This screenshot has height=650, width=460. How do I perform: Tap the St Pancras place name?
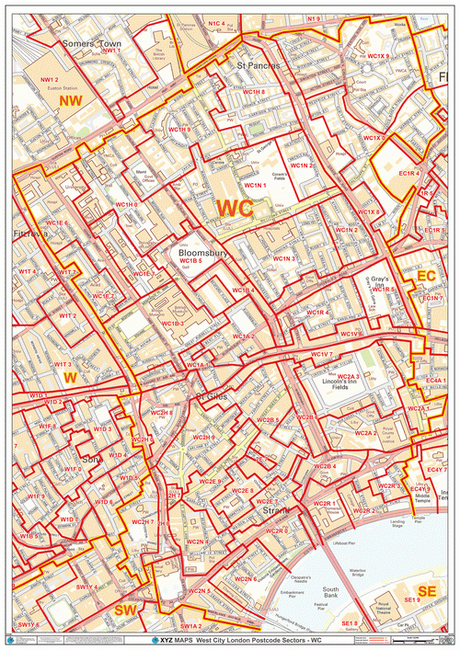pyautogui.click(x=257, y=66)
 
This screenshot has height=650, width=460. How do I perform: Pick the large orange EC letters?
pyautogui.click(x=426, y=275)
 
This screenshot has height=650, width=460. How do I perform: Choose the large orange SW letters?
pyautogui.click(x=125, y=610)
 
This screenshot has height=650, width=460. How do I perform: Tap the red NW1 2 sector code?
pyautogui.click(x=49, y=81)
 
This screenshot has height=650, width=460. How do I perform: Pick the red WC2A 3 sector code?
pyautogui.click(x=347, y=376)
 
